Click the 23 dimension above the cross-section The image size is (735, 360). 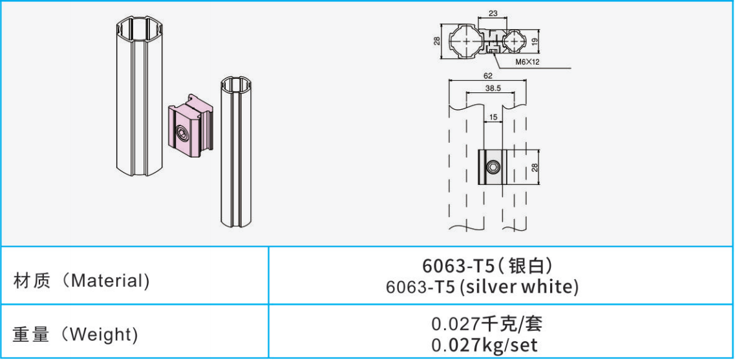click(x=493, y=14)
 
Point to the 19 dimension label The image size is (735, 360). click(x=535, y=42)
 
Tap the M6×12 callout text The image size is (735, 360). click(x=528, y=61)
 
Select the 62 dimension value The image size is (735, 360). click(x=487, y=75)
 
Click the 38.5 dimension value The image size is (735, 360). click(x=490, y=88)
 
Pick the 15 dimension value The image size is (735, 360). click(x=493, y=117)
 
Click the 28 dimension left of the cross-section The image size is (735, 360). click(x=438, y=41)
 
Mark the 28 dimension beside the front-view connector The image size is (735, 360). click(x=535, y=167)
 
